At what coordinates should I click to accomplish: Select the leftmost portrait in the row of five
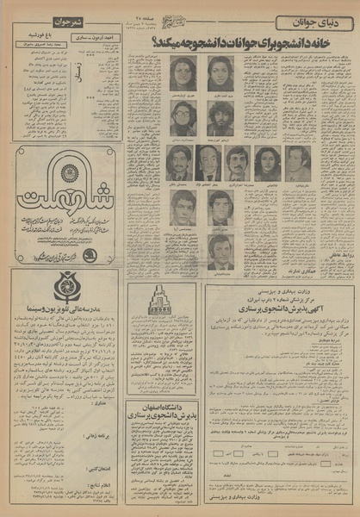click(x=178, y=161)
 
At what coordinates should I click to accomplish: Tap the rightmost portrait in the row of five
click(x=297, y=161)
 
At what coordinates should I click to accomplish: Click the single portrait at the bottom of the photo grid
click(x=220, y=250)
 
